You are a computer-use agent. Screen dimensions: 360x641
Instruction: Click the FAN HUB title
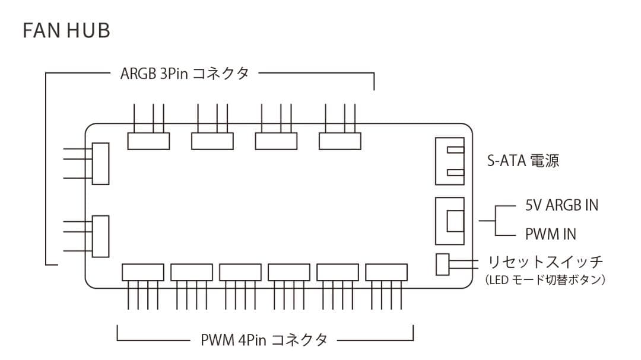click(x=66, y=31)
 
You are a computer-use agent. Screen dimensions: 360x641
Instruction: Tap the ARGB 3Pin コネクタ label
click(x=185, y=74)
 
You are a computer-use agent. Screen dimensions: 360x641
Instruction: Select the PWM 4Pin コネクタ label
click(x=264, y=340)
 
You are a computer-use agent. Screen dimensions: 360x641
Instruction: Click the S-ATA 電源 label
click(x=523, y=161)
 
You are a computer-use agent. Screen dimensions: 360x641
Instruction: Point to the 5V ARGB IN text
click(x=561, y=205)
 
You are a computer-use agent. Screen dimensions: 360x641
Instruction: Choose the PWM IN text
click(x=550, y=234)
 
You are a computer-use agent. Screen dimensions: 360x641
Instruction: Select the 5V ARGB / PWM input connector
click(x=450, y=220)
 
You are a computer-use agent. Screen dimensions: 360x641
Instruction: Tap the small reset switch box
click(x=443, y=265)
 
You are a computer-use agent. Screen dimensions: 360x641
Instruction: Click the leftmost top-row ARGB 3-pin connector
click(x=148, y=141)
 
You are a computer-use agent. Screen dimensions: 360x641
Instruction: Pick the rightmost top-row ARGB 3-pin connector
click(x=340, y=141)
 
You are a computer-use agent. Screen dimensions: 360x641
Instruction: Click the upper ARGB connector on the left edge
click(x=100, y=163)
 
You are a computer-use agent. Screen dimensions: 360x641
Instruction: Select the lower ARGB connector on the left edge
click(x=100, y=236)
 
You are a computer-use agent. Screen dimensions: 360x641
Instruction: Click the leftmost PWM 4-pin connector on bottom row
click(x=142, y=272)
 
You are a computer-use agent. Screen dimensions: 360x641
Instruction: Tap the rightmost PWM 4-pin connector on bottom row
click(x=386, y=272)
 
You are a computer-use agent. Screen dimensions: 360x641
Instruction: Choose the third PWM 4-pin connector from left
click(x=240, y=272)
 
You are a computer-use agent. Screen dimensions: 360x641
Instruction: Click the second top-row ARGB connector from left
click(x=212, y=141)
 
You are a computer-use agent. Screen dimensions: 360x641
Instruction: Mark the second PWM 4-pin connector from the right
click(x=338, y=272)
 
